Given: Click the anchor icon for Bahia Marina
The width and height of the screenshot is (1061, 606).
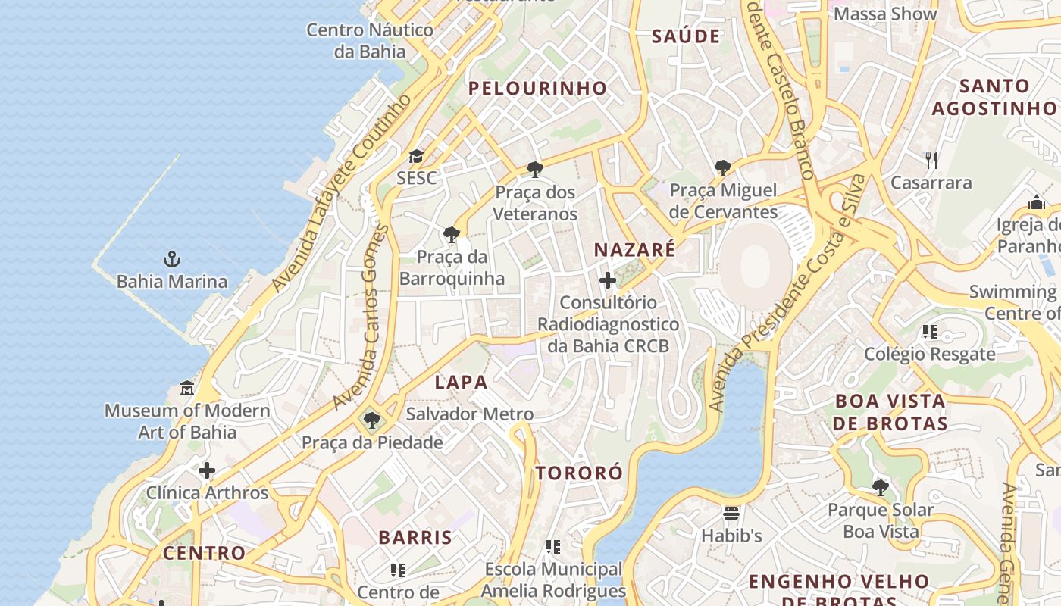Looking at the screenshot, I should click(172, 260).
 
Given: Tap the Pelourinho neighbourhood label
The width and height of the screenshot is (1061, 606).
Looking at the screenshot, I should click(537, 89).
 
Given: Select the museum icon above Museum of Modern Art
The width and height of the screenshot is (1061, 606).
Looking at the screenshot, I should click(187, 389).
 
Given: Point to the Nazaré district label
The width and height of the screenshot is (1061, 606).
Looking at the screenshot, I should click(634, 250).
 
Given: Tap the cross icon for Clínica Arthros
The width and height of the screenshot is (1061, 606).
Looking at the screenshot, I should click(207, 471).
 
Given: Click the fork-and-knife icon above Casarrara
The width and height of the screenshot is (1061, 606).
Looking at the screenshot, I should click(931, 161).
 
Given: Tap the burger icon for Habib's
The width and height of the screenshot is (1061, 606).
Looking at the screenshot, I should click(731, 514).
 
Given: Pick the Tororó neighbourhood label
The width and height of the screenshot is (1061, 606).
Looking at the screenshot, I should click(579, 473).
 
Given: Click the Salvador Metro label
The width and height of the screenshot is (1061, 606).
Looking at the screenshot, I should click(469, 414).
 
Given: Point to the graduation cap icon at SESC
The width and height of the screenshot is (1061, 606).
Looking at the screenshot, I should click(416, 157).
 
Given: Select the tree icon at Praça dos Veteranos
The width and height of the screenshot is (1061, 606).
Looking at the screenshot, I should click(535, 170).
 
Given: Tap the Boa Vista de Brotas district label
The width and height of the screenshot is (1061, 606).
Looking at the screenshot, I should click(890, 412).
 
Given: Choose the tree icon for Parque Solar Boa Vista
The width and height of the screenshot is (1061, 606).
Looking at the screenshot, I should click(880, 487).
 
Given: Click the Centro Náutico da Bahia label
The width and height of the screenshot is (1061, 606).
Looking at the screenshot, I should click(370, 41).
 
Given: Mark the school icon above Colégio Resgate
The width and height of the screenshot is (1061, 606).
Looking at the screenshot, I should click(930, 332).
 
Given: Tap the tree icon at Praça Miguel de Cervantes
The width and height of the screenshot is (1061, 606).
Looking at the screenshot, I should click(723, 168).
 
